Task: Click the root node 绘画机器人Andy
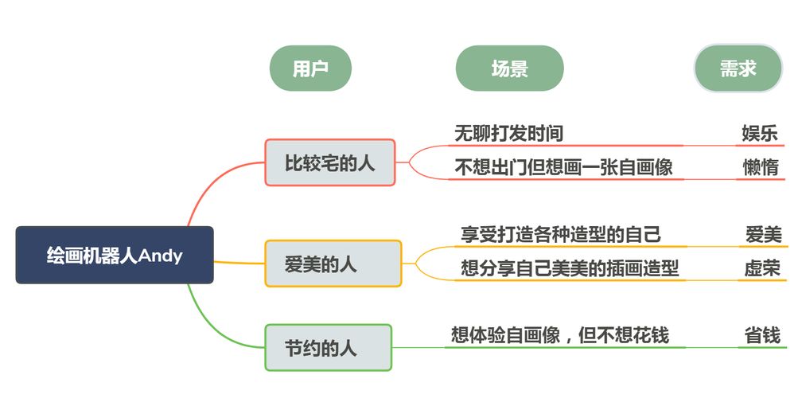115,255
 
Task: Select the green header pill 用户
310,68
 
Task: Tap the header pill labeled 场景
509,68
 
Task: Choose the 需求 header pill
738,68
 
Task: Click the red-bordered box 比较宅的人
329,163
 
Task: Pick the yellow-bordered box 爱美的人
333,264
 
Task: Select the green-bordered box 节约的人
328,347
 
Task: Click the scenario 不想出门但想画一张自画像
563,167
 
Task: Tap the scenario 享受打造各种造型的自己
561,235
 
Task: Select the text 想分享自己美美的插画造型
570,268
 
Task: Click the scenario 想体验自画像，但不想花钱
559,335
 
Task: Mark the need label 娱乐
759,133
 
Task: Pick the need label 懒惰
759,167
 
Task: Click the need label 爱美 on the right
763,235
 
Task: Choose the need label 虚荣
762,268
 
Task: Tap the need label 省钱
761,335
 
